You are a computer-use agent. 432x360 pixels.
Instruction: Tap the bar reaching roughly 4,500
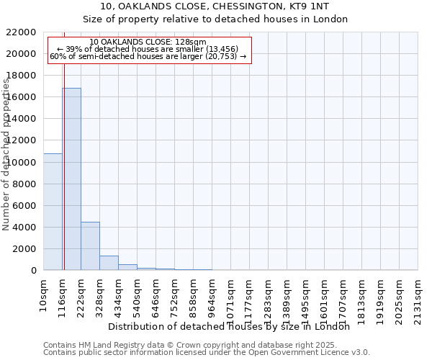coord(90,246)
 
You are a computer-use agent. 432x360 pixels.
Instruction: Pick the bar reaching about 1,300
coord(109,263)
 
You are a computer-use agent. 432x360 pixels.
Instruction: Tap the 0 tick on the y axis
coord(33,271)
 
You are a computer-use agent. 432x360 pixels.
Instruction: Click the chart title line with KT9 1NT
coord(215,6)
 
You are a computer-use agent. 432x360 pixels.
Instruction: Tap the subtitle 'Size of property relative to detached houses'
coord(215,19)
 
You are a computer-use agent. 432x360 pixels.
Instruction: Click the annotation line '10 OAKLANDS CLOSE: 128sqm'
coord(149,42)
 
